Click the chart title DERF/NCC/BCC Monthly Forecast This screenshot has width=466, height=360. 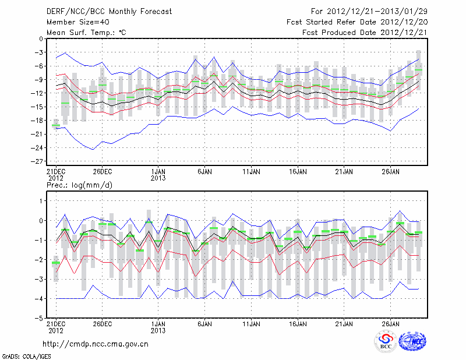[102, 11]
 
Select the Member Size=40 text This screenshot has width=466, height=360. [77, 22]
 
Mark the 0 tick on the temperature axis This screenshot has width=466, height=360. [40, 39]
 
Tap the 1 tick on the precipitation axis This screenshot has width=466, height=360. [40, 200]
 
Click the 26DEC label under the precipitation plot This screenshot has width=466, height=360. [102, 323]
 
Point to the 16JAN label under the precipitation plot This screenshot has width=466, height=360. [298, 323]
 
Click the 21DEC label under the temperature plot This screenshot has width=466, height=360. [55, 172]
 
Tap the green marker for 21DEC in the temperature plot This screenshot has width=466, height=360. [56, 125]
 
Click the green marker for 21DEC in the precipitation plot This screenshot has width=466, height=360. [56, 263]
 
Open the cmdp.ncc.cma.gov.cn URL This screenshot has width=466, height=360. [96, 344]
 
